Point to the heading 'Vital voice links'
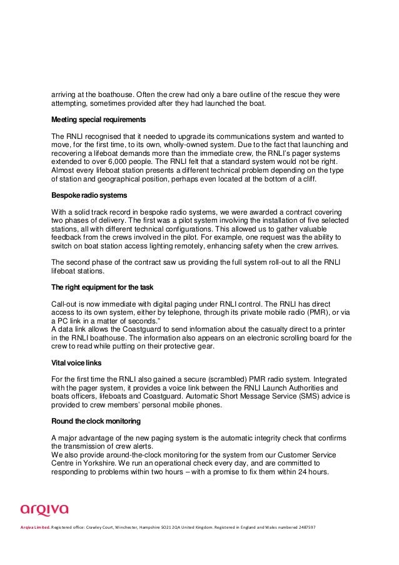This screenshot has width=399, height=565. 76,364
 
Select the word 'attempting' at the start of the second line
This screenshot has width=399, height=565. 70,104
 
